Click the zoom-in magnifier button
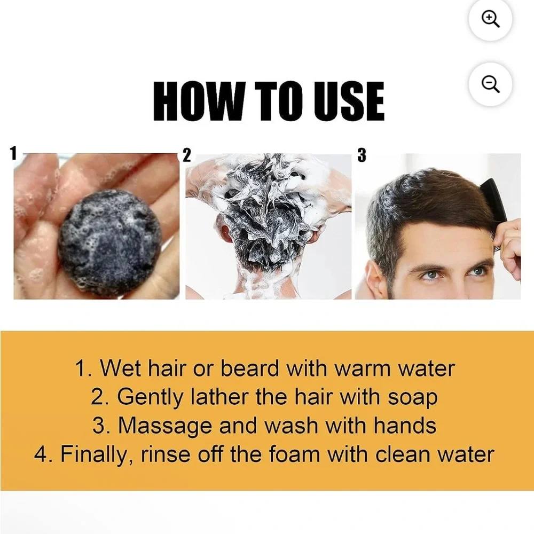coord(490,19)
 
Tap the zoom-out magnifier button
coord(490,84)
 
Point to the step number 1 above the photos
coord(14,153)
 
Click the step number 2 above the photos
coord(187,155)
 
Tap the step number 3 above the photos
coord(362,155)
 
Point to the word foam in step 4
coord(295,454)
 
